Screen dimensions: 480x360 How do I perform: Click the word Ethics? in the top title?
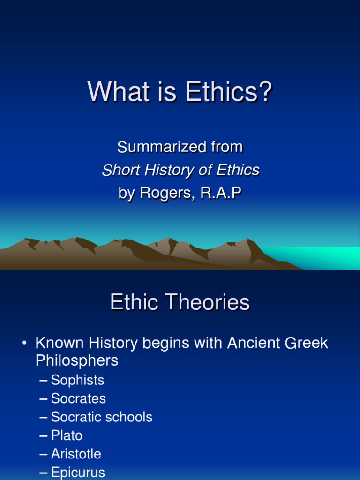click(229, 92)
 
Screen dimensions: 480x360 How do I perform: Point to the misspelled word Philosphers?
click(77, 360)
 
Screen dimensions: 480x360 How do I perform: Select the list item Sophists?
click(77, 380)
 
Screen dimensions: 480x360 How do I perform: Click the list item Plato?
click(67, 435)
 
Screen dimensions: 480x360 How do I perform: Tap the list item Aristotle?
click(76, 454)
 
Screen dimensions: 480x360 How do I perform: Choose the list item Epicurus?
click(78, 472)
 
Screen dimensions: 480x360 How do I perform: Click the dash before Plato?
click(44, 435)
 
